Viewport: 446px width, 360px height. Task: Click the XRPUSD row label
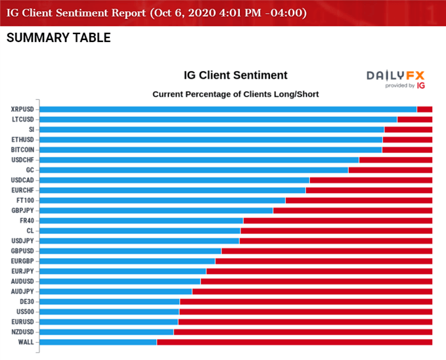coord(22,109)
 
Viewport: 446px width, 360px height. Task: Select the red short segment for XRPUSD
coord(424,109)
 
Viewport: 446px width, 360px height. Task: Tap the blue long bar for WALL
coord(98,342)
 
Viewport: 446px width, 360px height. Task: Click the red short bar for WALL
coord(294,342)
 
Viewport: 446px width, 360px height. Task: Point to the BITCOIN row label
coord(22,150)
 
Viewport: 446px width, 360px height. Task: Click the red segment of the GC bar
coord(390,170)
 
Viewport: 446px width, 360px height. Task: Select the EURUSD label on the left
coord(22,322)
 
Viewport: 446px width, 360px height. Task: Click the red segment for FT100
coord(359,200)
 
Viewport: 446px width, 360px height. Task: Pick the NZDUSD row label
coord(22,332)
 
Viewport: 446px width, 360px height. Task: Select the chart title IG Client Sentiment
coord(235,76)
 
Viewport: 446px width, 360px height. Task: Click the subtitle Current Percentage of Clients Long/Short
coord(235,94)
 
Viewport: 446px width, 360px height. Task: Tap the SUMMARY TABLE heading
coord(58,38)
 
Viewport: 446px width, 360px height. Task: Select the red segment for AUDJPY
coord(312,292)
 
